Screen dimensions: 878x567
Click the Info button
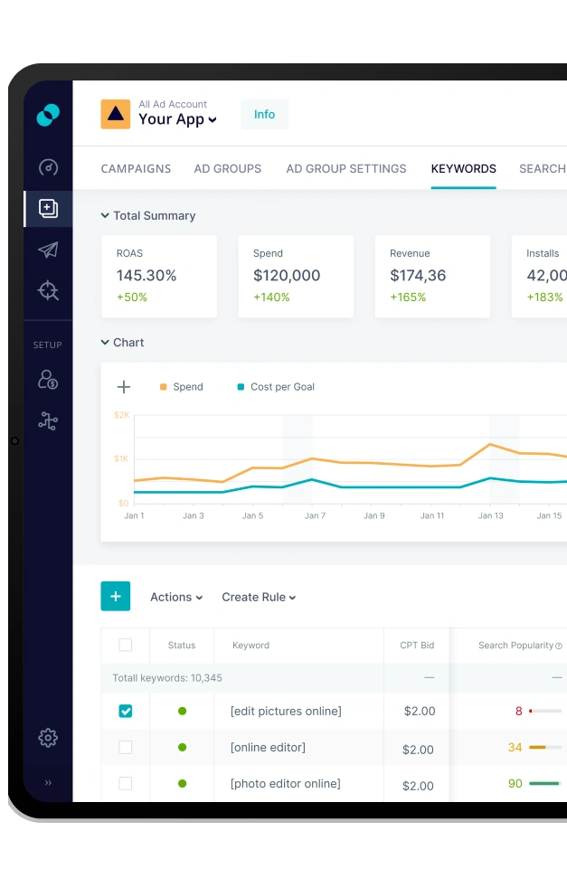tap(264, 115)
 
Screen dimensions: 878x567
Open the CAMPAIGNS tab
tap(136, 169)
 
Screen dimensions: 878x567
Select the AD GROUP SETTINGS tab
tap(346, 169)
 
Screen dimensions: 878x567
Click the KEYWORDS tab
tap(463, 169)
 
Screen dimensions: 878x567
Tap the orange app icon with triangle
tap(115, 114)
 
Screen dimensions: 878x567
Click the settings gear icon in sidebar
tap(48, 738)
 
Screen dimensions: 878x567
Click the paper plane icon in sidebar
tap(48, 250)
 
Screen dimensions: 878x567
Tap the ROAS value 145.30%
tap(146, 276)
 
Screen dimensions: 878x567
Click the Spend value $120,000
tap(287, 276)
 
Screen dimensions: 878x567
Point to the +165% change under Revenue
tap(408, 297)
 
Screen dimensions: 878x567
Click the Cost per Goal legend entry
tap(282, 387)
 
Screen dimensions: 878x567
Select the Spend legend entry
tap(187, 387)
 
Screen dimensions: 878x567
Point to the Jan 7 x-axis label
tap(315, 516)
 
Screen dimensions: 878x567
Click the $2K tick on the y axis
tap(121, 415)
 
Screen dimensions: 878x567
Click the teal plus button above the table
tap(116, 597)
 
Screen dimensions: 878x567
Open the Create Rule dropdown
tap(259, 598)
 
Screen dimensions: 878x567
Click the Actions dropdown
tap(175, 598)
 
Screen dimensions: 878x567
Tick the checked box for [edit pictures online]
tap(126, 712)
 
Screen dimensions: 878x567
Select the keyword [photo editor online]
tap(285, 784)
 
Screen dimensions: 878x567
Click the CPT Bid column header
tap(417, 646)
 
